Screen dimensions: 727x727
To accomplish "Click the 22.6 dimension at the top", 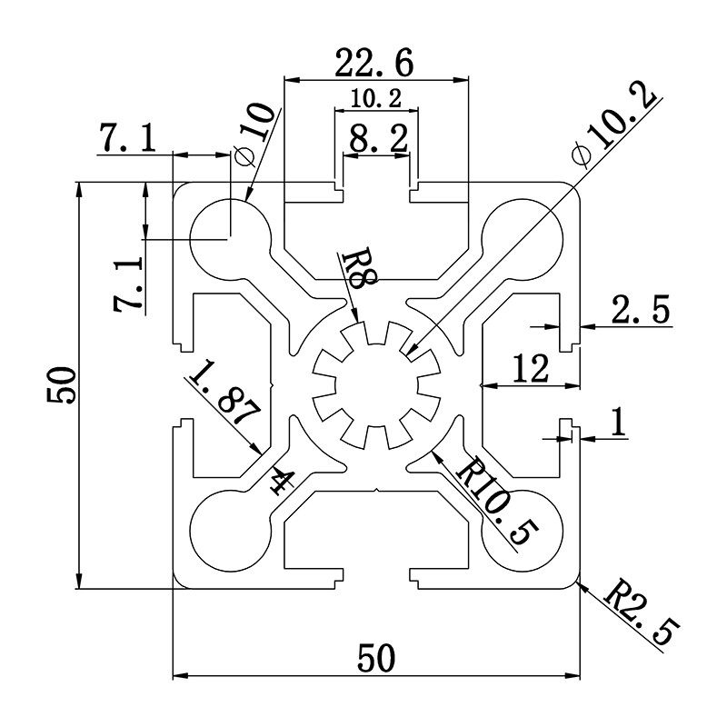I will tap(374, 63).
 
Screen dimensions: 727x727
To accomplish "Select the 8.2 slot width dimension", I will tap(377, 140).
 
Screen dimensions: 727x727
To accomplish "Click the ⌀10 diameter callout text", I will tap(252, 133).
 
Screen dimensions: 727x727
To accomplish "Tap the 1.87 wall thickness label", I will tap(224, 397).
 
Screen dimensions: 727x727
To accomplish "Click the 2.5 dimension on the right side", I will tap(640, 311).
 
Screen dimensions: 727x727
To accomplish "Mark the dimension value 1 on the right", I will tap(619, 423).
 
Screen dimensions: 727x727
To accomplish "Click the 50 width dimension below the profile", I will tap(375, 657).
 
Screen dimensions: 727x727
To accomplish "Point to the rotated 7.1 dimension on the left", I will tap(128, 284).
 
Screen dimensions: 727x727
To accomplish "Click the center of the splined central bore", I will tap(375, 385).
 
